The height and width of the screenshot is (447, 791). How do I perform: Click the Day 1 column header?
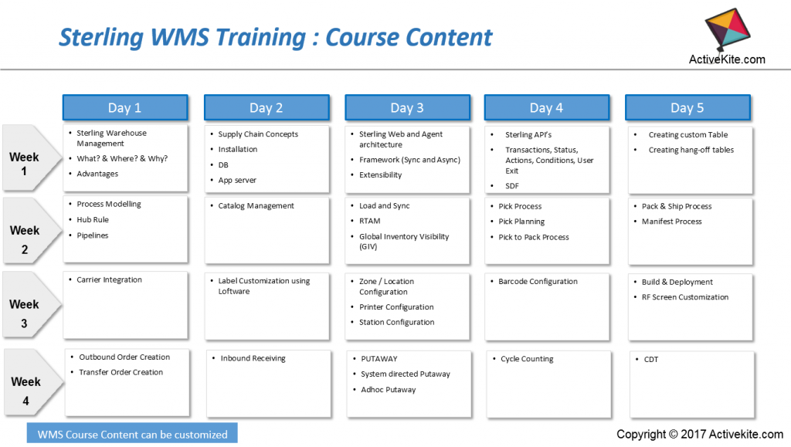pyautogui.click(x=124, y=107)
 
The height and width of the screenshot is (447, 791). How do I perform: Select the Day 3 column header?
pyautogui.click(x=407, y=107)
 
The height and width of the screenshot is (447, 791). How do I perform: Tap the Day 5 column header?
pyautogui.click(x=687, y=107)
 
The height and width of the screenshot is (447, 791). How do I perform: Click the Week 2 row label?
pyautogui.click(x=25, y=239)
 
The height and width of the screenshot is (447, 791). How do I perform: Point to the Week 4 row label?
pyautogui.click(x=25, y=391)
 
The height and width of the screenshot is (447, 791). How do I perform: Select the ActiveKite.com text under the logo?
pyautogui.click(x=727, y=59)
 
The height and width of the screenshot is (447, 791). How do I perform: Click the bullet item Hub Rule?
pyautogui.click(x=93, y=220)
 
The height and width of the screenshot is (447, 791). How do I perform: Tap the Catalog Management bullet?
pyautogui.click(x=256, y=206)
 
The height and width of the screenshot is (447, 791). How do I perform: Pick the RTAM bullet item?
pyautogui.click(x=370, y=222)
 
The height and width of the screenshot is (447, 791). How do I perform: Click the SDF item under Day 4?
pyautogui.click(x=512, y=186)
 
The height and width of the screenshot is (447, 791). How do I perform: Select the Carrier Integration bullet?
pyautogui.click(x=109, y=280)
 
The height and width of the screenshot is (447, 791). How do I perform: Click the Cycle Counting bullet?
pyautogui.click(x=527, y=359)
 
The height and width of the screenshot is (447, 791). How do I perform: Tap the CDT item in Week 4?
pyautogui.click(x=651, y=359)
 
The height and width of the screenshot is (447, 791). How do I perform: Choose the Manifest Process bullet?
pyautogui.click(x=671, y=222)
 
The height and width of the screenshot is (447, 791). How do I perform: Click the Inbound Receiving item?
pyautogui.click(x=253, y=358)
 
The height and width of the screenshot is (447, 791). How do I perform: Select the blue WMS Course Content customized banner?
pyautogui.click(x=132, y=434)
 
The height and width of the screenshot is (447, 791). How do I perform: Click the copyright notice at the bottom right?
pyautogui.click(x=700, y=435)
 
